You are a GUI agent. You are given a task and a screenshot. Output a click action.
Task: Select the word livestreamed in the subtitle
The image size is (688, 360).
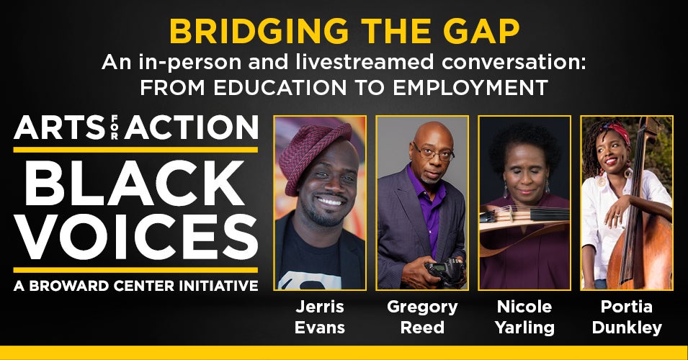(x=366, y=62)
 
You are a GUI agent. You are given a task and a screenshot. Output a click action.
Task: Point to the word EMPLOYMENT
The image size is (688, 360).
(x=470, y=88)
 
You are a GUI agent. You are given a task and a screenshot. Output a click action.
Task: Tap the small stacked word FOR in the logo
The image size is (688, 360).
(x=115, y=127)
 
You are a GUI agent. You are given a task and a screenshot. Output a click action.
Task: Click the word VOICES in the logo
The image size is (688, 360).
(x=135, y=237)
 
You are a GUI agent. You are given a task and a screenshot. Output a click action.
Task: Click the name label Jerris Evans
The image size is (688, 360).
(x=320, y=317)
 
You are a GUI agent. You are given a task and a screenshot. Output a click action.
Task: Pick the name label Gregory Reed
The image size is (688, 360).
(x=422, y=317)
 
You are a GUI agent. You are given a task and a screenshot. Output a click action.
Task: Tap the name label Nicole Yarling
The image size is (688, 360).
(x=524, y=317)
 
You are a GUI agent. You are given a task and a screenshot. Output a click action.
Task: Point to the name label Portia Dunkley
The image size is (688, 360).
(x=627, y=317)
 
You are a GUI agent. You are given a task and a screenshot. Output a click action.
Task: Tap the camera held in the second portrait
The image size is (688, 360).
(x=445, y=270)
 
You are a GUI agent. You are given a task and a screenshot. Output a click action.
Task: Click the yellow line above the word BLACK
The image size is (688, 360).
(x=135, y=150)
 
